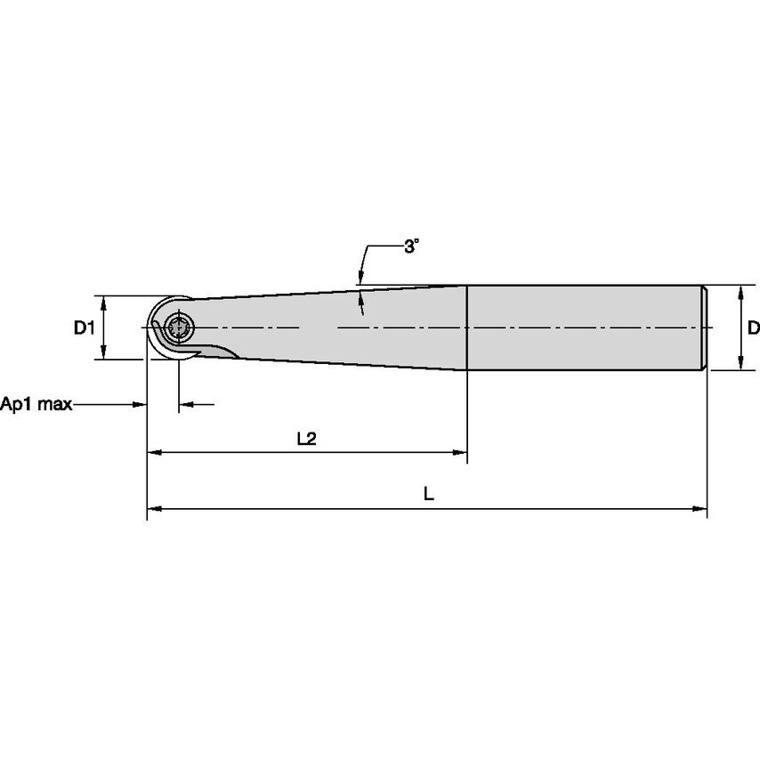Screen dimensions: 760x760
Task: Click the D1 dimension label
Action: pos(84,328)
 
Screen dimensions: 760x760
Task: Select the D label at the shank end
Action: pos(753,328)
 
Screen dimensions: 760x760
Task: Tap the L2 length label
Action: pos(306,439)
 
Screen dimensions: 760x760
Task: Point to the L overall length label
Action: pos(428,495)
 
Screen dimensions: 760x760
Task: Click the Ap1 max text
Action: pos(36,405)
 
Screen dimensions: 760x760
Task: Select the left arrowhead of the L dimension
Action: pos(154,509)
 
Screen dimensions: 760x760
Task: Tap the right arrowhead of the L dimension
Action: pos(699,509)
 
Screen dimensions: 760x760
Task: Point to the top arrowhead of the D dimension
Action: pos(740,292)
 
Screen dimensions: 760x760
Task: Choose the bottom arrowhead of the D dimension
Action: pos(740,363)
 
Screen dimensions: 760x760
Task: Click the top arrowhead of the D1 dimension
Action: pos(105,302)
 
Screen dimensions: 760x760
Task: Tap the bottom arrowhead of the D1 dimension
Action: pos(105,353)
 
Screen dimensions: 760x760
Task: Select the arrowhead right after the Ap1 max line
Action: pos(139,405)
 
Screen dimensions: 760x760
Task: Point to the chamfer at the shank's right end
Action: pos(705,327)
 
